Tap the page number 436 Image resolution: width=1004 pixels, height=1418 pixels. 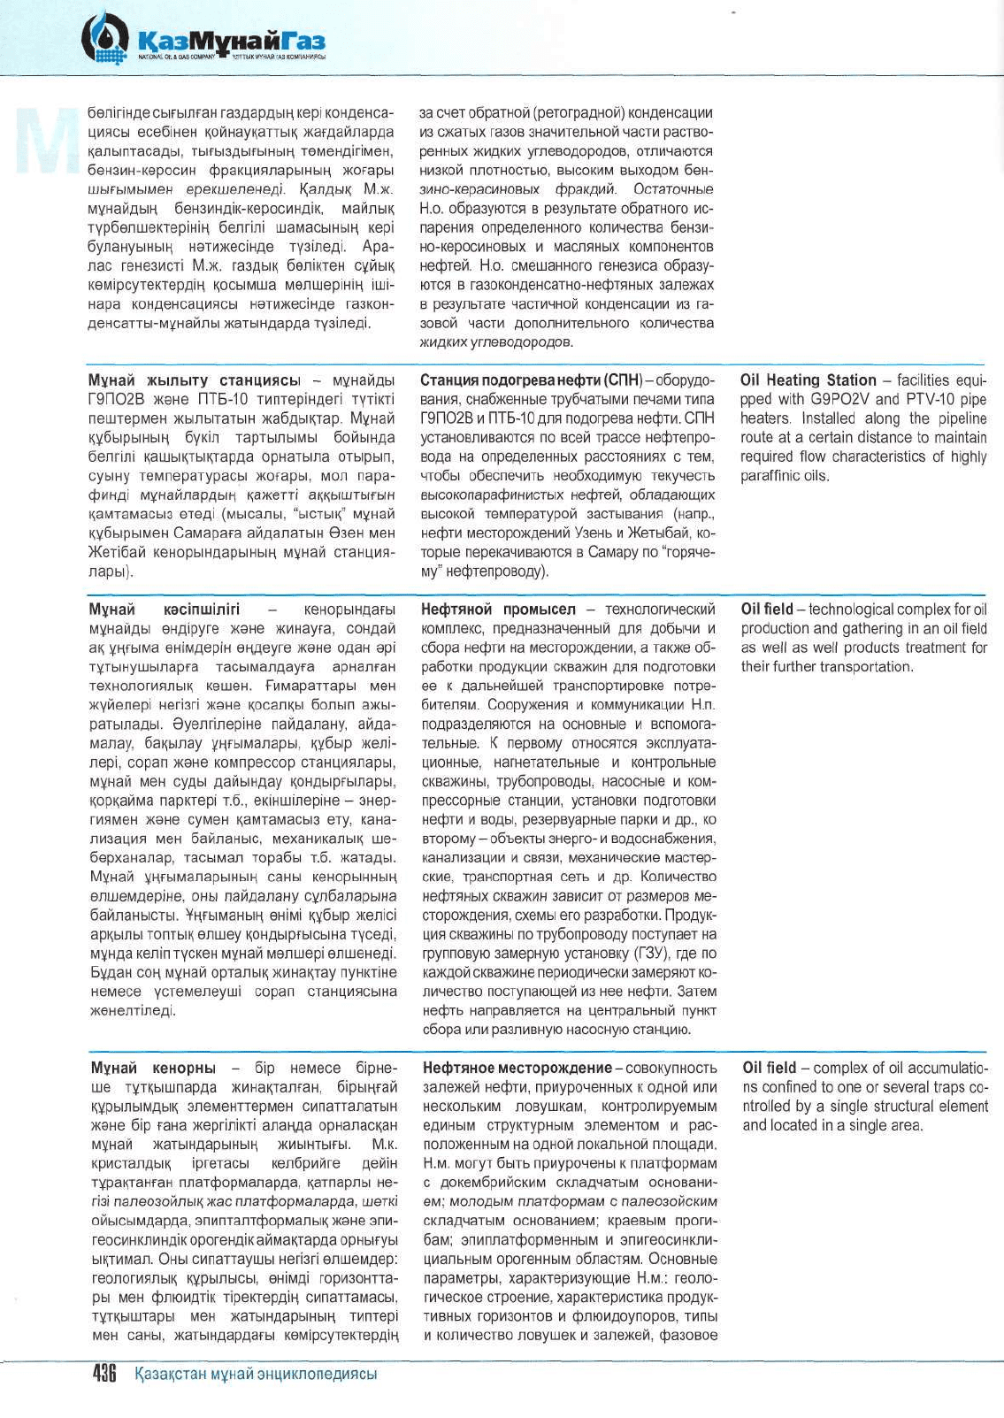click(104, 1374)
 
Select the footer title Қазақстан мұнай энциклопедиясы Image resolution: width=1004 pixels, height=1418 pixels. click(256, 1374)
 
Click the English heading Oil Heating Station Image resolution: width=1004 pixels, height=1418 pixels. click(808, 380)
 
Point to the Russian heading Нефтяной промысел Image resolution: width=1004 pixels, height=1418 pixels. click(497, 609)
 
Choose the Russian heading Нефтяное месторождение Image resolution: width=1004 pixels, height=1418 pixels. click(517, 1068)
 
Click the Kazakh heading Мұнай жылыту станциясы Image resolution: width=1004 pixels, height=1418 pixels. click(194, 380)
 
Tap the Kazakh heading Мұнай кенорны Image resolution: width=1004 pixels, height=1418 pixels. click(153, 1068)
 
